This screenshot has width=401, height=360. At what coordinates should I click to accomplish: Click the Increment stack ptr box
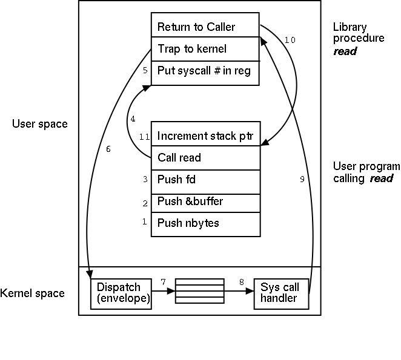205,136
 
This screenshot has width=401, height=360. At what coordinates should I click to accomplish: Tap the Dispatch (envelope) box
121,293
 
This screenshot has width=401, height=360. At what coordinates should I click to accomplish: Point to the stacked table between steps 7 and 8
199,291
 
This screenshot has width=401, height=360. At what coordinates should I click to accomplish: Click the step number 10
290,40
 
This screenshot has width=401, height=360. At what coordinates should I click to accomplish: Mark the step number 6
108,149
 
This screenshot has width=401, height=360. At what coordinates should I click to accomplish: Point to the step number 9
302,180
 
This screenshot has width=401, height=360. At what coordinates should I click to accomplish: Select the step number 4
133,118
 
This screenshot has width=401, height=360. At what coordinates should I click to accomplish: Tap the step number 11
144,137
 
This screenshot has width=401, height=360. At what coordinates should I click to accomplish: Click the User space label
40,124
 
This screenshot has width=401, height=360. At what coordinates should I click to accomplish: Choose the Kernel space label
33,293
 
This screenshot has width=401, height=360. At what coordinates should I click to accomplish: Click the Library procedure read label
358,39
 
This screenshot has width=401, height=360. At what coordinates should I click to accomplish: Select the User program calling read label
366,172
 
